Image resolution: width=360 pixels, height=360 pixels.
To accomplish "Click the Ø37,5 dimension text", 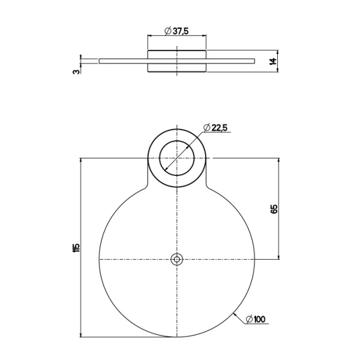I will pyautogui.click(x=177, y=31).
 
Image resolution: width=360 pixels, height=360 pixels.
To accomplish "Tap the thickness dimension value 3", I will pyautogui.click(x=75, y=71).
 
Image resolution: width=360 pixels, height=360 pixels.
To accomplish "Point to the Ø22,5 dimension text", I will pyautogui.click(x=217, y=127).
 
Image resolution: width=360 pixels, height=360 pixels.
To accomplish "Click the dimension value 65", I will pyautogui.click(x=274, y=209).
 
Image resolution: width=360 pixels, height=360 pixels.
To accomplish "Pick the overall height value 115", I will pyautogui.click(x=76, y=247).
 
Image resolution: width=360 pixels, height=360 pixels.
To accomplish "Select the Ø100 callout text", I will pyautogui.click(x=256, y=319).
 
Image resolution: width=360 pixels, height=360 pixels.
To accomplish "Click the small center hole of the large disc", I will pyautogui.click(x=176, y=259).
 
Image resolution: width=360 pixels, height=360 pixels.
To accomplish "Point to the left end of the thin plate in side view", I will pyautogui.click(x=100, y=61).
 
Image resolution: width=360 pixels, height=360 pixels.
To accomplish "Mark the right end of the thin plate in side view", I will pyautogui.click(x=254, y=61).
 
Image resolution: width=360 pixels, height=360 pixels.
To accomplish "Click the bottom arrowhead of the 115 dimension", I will pyautogui.click(x=81, y=334).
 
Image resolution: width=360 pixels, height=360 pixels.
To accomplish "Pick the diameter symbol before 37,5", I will pyautogui.click(x=167, y=31).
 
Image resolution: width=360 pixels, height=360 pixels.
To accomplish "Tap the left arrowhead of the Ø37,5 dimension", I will pyautogui.click(x=150, y=37).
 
